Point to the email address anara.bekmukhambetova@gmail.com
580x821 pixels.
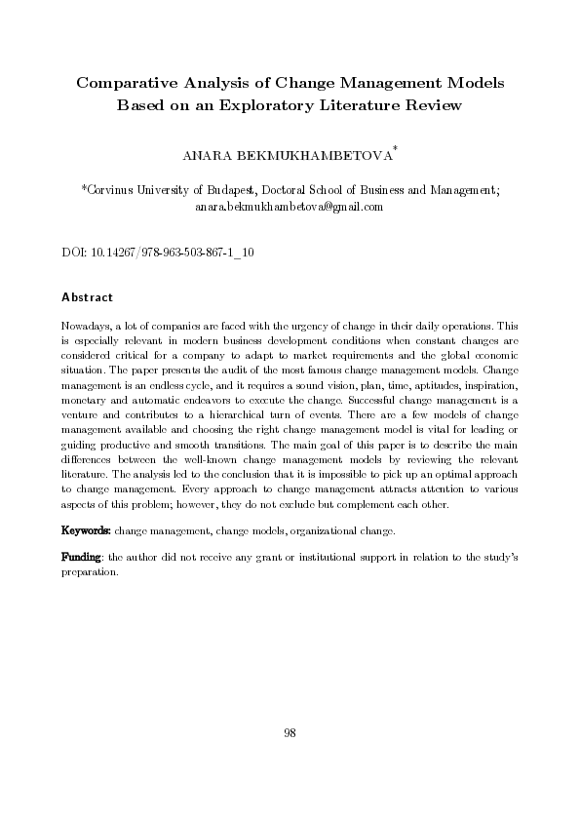click(290, 207)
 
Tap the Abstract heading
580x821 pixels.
click(88, 296)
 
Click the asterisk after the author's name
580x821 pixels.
click(395, 149)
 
